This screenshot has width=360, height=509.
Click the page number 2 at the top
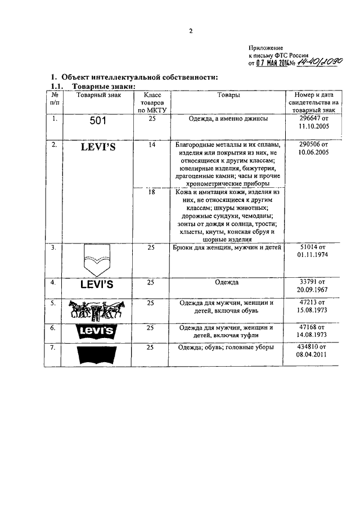pos(190,31)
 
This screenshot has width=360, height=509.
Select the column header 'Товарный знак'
pos(95,96)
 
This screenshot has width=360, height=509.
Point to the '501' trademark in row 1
pos(97,120)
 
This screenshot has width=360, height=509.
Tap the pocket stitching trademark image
pos(97,259)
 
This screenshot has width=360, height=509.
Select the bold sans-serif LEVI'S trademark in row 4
pos(97,284)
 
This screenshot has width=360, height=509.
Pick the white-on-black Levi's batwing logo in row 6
pos(97,332)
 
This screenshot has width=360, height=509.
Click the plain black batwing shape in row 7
pos(97,354)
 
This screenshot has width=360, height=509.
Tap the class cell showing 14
pos(151,145)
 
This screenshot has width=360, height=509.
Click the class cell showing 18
pos(151,192)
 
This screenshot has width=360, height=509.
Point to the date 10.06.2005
pos(313,152)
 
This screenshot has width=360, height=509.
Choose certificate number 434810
pos(313,348)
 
